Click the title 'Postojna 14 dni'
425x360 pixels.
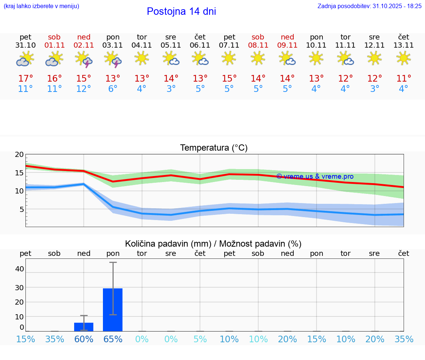(181, 11)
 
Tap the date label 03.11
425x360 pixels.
(113, 45)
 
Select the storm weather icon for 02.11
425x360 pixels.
(84, 59)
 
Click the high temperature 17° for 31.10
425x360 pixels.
(25, 79)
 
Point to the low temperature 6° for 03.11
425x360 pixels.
(113, 89)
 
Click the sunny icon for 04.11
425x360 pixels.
(142, 58)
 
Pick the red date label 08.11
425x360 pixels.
(258, 45)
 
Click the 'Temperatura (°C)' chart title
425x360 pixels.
(214, 148)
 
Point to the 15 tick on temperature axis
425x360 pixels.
(19, 173)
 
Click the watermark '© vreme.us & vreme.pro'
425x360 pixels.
(315, 176)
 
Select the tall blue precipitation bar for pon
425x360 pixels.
(113, 310)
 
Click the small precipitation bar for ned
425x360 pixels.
(84, 327)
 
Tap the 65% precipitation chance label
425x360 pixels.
(113, 339)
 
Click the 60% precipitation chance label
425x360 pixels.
(84, 339)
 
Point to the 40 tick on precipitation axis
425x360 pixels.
(19, 269)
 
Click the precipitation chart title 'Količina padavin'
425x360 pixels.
(213, 244)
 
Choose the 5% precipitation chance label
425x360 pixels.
(200, 339)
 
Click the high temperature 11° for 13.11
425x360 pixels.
(404, 79)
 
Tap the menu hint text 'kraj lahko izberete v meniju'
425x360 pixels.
(41, 6)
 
